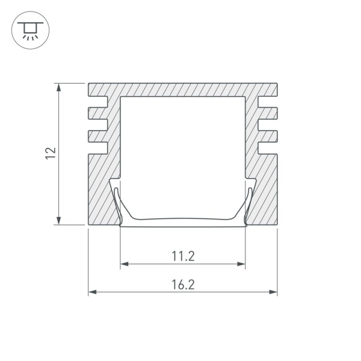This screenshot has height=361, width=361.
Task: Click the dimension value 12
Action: (x=51, y=153)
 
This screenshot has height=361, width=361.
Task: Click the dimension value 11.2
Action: (x=184, y=256)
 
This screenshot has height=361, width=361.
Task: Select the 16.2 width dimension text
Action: (x=184, y=285)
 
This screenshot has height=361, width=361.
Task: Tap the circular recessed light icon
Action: (x=31, y=30)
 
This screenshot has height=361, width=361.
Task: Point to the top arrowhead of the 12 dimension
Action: (x=59, y=87)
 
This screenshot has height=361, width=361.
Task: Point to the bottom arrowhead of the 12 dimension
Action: (x=59, y=221)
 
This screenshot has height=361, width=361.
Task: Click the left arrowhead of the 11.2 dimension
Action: (x=125, y=264)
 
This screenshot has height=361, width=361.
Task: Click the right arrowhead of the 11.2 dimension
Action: (x=241, y=264)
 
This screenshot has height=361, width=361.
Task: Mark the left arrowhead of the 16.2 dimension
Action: (x=93, y=292)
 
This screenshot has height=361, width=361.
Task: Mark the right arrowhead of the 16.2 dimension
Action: (x=273, y=292)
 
